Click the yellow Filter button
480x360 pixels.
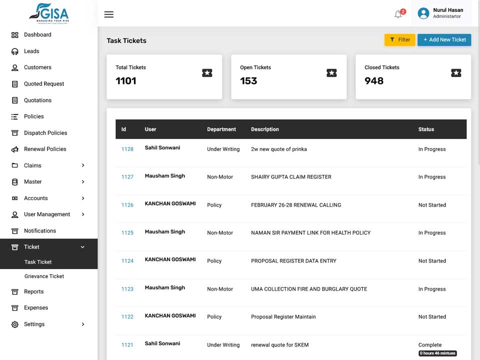click(x=399, y=40)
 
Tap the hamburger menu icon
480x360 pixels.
click(x=108, y=14)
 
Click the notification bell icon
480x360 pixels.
click(x=398, y=14)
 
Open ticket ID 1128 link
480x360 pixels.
click(x=127, y=149)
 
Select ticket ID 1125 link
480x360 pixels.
click(x=127, y=232)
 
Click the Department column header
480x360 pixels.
click(x=221, y=129)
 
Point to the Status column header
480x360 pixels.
click(x=426, y=129)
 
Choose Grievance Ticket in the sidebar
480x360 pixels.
click(x=44, y=276)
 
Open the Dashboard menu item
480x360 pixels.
click(x=37, y=34)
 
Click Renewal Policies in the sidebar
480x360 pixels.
click(x=45, y=149)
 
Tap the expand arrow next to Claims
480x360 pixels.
click(x=83, y=165)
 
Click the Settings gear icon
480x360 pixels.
click(x=14, y=324)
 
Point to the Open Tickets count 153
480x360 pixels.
click(x=248, y=81)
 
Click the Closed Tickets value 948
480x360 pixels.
click(x=374, y=81)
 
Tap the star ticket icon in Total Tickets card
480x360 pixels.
click(x=207, y=73)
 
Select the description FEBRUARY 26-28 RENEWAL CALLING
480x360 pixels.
click(x=296, y=205)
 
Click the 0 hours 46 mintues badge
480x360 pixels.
click(x=437, y=353)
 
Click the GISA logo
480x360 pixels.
click(x=49, y=13)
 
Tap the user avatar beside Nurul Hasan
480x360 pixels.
click(x=423, y=13)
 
